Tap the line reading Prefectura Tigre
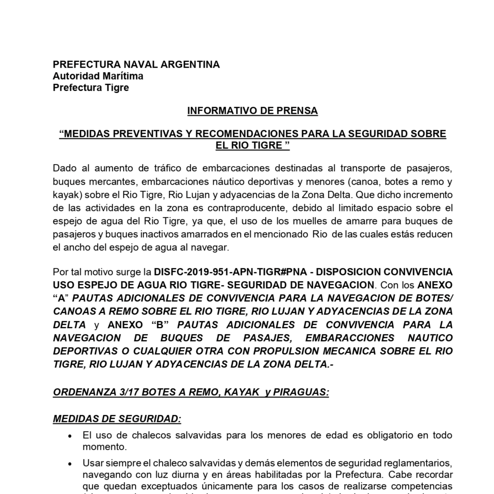tap(91, 88)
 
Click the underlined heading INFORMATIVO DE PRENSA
tap(252, 111)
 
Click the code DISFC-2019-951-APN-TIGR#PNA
tap(230, 272)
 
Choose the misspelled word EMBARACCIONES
tap(350, 338)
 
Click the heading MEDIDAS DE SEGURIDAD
tap(117, 419)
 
